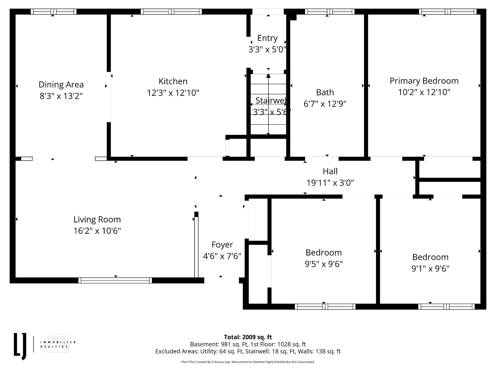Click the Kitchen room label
173,81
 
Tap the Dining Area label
61,85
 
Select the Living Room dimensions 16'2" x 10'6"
97,231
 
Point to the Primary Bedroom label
424,81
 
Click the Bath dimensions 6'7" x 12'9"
325,104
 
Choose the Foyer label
222,245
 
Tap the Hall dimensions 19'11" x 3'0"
330,183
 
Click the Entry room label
267,38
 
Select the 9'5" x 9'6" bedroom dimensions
324,264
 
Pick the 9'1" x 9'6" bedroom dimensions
430,269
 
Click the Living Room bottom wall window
115,281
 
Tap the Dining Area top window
53,12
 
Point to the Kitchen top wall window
171,12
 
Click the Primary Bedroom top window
448,12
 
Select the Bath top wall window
330,12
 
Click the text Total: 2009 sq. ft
248,337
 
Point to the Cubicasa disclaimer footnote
248,362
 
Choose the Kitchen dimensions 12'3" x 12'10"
173,93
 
